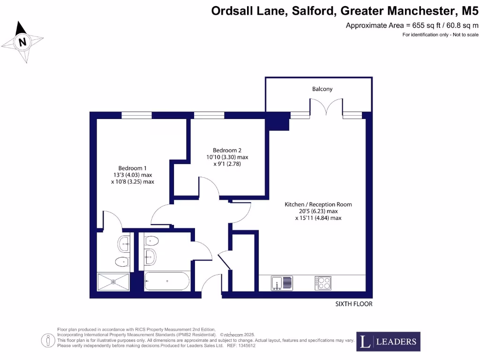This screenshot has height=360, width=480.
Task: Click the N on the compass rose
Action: (22, 42)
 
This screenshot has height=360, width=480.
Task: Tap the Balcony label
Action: (322, 89)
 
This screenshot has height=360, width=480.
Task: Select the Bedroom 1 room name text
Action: (132, 168)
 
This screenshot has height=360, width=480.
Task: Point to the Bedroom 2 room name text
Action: (227, 150)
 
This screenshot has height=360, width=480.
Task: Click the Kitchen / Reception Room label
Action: (318, 204)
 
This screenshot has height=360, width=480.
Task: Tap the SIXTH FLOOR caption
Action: (354, 304)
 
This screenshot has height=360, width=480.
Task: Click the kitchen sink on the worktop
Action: (282, 283)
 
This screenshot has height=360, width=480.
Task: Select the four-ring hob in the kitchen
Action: (322, 283)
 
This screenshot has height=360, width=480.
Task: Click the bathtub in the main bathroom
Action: (167, 281)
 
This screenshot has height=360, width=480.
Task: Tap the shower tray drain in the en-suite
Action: (113, 282)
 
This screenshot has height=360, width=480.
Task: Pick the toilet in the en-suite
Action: (122, 262)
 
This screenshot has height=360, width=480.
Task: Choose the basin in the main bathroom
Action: (150, 256)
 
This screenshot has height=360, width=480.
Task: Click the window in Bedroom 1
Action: (136, 115)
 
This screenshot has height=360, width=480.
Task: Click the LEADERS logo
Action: (389, 342)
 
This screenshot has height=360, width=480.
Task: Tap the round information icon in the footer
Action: (47, 340)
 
